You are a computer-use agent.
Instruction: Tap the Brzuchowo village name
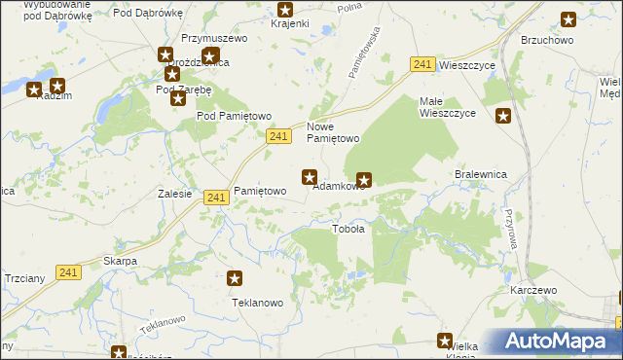click(x=547, y=40)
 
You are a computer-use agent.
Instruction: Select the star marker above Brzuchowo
click(x=568, y=18)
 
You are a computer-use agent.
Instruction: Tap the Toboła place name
click(x=348, y=230)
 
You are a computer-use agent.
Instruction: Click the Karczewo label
click(x=532, y=291)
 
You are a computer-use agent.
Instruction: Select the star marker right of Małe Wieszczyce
click(x=503, y=117)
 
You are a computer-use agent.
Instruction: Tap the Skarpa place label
click(x=120, y=262)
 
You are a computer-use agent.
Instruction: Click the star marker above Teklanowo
click(x=235, y=279)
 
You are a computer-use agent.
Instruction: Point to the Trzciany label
click(x=23, y=278)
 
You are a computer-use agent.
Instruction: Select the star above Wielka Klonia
click(x=445, y=341)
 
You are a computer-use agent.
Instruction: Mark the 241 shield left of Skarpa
click(x=67, y=273)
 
